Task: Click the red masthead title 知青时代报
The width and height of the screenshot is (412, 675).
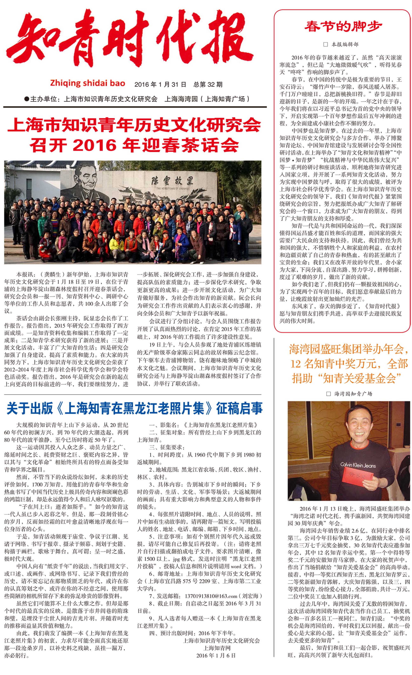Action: pos(129,41)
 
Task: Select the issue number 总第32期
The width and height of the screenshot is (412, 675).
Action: pos(208,84)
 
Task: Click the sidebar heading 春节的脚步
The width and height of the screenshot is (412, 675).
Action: pos(343,27)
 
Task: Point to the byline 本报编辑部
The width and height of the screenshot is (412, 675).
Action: pos(344,44)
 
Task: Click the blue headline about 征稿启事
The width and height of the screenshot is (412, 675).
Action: pos(134,408)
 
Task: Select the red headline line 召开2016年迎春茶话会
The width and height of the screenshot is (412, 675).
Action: pos(134,145)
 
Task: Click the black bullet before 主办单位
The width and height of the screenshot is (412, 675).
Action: pos(27,99)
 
